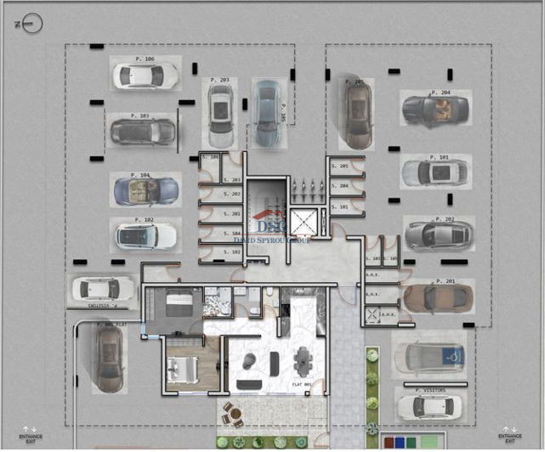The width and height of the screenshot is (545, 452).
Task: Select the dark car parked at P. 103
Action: tap(142, 132)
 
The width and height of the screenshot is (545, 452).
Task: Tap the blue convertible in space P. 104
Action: tap(145, 189)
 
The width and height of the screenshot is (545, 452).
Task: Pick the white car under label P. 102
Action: tap(145, 235)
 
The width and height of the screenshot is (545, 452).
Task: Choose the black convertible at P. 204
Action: tap(434, 110)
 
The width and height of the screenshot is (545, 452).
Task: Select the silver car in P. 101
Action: tap(434, 172)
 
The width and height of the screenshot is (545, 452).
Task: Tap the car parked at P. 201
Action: tap(437, 297)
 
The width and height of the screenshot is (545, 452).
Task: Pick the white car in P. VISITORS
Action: tap(431, 406)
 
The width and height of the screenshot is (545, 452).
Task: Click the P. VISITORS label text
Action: tap(432, 389)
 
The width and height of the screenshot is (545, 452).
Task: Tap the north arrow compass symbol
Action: tap(31, 24)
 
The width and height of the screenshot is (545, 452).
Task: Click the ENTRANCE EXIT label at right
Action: tap(510, 436)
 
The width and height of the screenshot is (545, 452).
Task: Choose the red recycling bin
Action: tap(389, 443)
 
